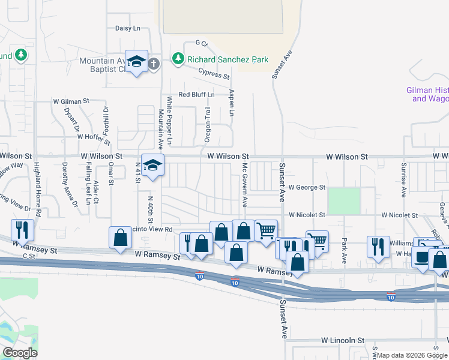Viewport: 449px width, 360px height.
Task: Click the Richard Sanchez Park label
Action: click(x=228, y=59)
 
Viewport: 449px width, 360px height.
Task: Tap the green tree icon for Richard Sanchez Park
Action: click(x=178, y=59)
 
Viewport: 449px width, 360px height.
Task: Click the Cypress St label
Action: click(x=214, y=74)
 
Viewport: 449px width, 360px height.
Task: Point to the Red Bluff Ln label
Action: click(x=196, y=95)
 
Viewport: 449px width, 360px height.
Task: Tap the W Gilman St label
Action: click(x=71, y=102)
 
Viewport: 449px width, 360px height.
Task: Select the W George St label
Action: click(x=306, y=188)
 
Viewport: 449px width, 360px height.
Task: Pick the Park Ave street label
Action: click(x=345, y=252)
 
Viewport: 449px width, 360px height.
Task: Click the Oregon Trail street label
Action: click(x=208, y=124)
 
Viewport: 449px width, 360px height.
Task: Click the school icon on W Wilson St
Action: click(x=152, y=165)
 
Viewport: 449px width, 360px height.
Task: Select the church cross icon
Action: click(x=154, y=63)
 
